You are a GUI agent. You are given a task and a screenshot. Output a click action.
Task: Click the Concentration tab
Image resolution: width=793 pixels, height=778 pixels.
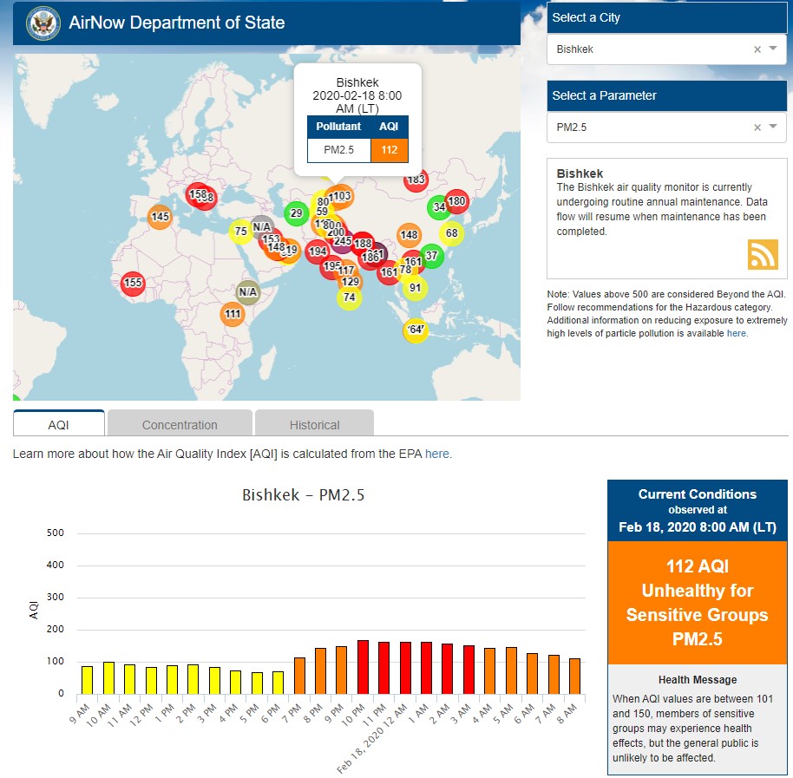(180, 424)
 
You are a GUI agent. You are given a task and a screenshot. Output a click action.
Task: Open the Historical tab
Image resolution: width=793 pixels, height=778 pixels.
(314, 424)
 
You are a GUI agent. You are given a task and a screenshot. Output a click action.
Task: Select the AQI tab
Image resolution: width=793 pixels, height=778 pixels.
(58, 424)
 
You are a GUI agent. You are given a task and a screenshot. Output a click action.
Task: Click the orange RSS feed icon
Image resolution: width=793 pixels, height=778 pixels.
(763, 254)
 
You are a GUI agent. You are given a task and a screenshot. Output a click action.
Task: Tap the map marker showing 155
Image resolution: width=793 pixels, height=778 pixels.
(133, 283)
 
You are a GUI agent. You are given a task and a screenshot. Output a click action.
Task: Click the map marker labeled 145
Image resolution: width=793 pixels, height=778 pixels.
(160, 217)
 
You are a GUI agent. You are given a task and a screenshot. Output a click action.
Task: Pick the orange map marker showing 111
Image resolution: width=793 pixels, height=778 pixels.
(233, 314)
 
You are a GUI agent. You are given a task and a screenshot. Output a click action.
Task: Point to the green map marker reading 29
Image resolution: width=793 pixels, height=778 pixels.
(297, 212)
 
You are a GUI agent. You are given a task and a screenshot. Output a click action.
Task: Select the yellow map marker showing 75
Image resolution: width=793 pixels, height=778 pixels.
(241, 232)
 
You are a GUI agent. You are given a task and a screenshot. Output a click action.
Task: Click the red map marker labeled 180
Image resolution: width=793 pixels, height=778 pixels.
(457, 201)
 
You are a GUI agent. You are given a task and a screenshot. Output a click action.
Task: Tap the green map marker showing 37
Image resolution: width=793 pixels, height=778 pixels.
(431, 256)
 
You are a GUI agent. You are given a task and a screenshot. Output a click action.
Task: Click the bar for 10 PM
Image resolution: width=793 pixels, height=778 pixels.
(363, 667)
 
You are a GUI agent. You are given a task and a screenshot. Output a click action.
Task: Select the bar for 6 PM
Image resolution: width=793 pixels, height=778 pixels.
(278, 682)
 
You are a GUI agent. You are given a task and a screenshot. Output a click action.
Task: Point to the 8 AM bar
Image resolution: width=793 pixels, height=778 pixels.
(575, 676)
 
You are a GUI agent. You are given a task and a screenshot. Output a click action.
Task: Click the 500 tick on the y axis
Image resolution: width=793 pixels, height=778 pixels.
(56, 533)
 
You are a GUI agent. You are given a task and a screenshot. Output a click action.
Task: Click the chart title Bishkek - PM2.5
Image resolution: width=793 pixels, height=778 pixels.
(303, 496)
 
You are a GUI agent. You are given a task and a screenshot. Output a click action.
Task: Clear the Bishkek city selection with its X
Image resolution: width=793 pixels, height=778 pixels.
(757, 49)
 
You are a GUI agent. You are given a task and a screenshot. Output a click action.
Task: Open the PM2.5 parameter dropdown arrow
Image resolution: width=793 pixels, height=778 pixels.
(773, 127)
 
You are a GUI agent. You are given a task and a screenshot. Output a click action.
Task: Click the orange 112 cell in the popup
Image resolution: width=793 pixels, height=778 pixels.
(389, 150)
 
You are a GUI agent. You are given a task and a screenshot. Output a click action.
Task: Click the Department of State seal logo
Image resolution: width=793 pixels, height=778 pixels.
(43, 23)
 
